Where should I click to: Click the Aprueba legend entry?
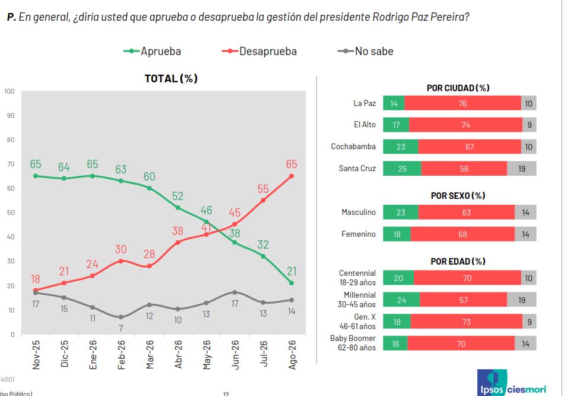152,51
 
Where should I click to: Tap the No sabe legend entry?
365,51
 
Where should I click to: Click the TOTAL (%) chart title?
171,78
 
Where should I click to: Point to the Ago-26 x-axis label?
292,355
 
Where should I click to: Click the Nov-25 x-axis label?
36,355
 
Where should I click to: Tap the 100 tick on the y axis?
9,91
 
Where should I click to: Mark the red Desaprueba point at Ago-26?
292,176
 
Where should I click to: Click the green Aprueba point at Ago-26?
292,283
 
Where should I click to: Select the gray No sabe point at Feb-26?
121,317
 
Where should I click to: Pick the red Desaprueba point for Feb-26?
121,261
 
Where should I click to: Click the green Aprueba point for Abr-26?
178,208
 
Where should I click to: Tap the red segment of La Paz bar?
462,103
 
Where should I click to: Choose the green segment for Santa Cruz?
402,168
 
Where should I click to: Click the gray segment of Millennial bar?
522,300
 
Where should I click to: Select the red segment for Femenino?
462,234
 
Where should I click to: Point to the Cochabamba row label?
353,146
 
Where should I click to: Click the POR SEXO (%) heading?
458,196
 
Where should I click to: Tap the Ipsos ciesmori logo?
512,384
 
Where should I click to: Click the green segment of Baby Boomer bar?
395,343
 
